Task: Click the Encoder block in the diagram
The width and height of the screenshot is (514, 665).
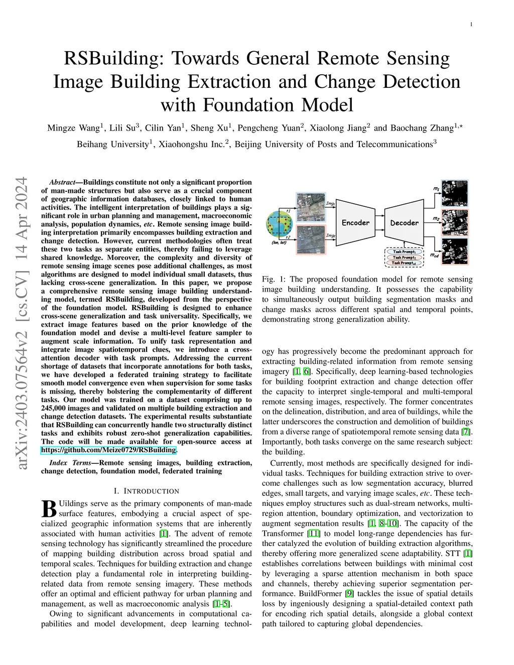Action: pos(355,222)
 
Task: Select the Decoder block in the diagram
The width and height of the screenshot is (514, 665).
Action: pos(404,222)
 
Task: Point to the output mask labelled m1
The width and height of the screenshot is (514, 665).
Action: pos(454,194)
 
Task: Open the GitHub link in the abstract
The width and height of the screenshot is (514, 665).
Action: pos(108,450)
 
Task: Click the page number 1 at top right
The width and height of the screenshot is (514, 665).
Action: pos(472,24)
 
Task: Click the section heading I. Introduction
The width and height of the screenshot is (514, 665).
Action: pos(146,491)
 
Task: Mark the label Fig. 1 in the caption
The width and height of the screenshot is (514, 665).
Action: pos(271,279)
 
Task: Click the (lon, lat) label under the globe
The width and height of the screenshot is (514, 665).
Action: pos(280,242)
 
